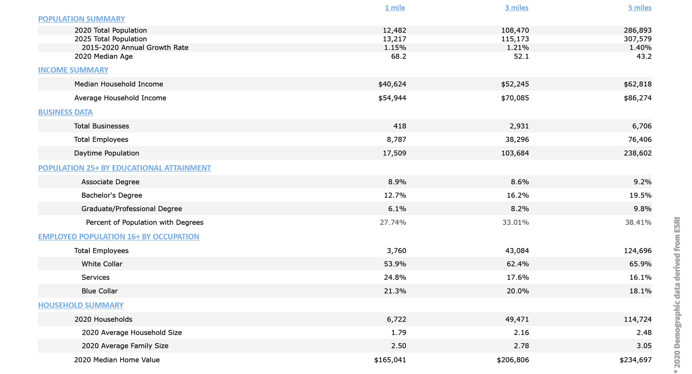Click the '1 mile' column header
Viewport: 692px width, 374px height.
[x=395, y=8]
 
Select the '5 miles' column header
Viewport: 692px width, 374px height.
[x=640, y=8]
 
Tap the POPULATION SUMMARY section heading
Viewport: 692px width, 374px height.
[x=81, y=19]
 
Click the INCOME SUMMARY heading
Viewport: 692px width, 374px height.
[x=73, y=70]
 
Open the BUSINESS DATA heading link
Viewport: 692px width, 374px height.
[x=65, y=112]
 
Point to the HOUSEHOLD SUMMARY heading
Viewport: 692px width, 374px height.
[x=81, y=305]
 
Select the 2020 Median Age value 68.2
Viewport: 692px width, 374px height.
[x=399, y=56]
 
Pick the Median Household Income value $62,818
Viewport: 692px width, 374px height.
[x=637, y=84]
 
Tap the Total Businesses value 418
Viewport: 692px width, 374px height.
[x=400, y=126]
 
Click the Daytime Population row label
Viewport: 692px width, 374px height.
[x=107, y=153]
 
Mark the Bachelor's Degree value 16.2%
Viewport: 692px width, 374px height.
[x=518, y=195]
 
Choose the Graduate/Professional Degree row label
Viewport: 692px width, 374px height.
[x=131, y=209]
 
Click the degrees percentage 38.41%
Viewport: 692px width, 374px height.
[x=638, y=222]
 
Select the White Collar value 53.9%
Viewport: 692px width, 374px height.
[x=395, y=264]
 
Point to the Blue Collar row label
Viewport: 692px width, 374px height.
[x=100, y=291]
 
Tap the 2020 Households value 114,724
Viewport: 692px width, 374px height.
[x=637, y=319]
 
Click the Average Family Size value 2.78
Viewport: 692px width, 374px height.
[x=521, y=346]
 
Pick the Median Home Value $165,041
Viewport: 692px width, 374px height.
[x=390, y=360]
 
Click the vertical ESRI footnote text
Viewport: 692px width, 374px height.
[x=677, y=294]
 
